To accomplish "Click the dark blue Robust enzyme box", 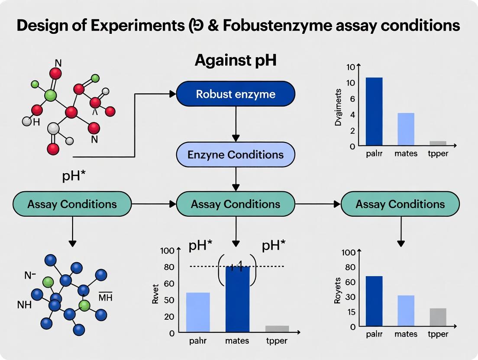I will (x=236, y=94).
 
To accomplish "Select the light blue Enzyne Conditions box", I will (x=236, y=154).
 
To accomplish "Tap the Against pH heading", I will (x=236, y=61).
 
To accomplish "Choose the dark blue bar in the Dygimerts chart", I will (x=374, y=111).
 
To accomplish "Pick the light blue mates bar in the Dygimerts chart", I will (x=406, y=129).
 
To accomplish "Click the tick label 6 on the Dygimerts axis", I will (x=352, y=99).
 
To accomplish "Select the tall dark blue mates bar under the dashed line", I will (x=238, y=299).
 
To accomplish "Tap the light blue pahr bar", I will (x=198, y=312).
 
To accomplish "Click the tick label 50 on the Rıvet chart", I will (x=168, y=300).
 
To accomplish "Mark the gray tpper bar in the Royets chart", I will (x=438, y=317).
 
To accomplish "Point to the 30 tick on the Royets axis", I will (x=350, y=297).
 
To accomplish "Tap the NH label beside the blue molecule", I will (x=24, y=305).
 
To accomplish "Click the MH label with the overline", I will (x=106, y=297).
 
